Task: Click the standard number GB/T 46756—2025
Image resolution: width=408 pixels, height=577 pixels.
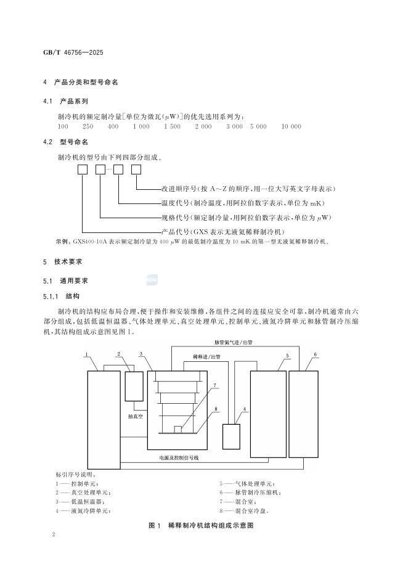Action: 77,54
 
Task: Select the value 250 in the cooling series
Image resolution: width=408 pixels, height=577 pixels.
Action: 88,126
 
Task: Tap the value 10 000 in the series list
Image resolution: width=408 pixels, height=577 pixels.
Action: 291,126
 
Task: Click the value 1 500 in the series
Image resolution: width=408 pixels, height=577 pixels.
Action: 172,126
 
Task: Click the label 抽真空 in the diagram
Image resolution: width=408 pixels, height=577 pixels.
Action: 136,417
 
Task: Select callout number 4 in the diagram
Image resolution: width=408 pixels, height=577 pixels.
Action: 244,409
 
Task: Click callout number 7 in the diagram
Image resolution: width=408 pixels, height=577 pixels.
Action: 215,386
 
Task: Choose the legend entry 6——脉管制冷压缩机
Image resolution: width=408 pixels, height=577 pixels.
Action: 250,492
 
